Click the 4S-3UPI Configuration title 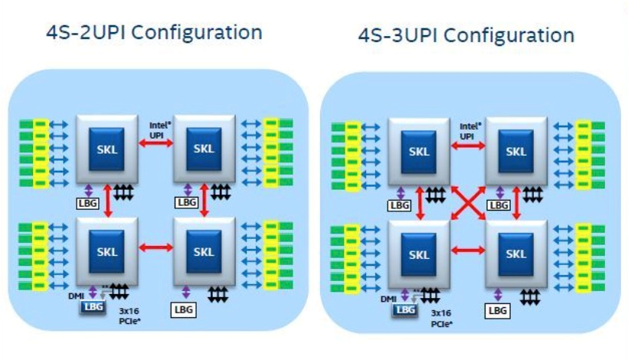point(466,35)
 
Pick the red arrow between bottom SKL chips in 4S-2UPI point(155,247)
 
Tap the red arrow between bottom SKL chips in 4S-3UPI point(468,250)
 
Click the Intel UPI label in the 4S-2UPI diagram point(156,129)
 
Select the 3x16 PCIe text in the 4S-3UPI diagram point(440,318)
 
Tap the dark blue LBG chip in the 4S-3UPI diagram point(405,310)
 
